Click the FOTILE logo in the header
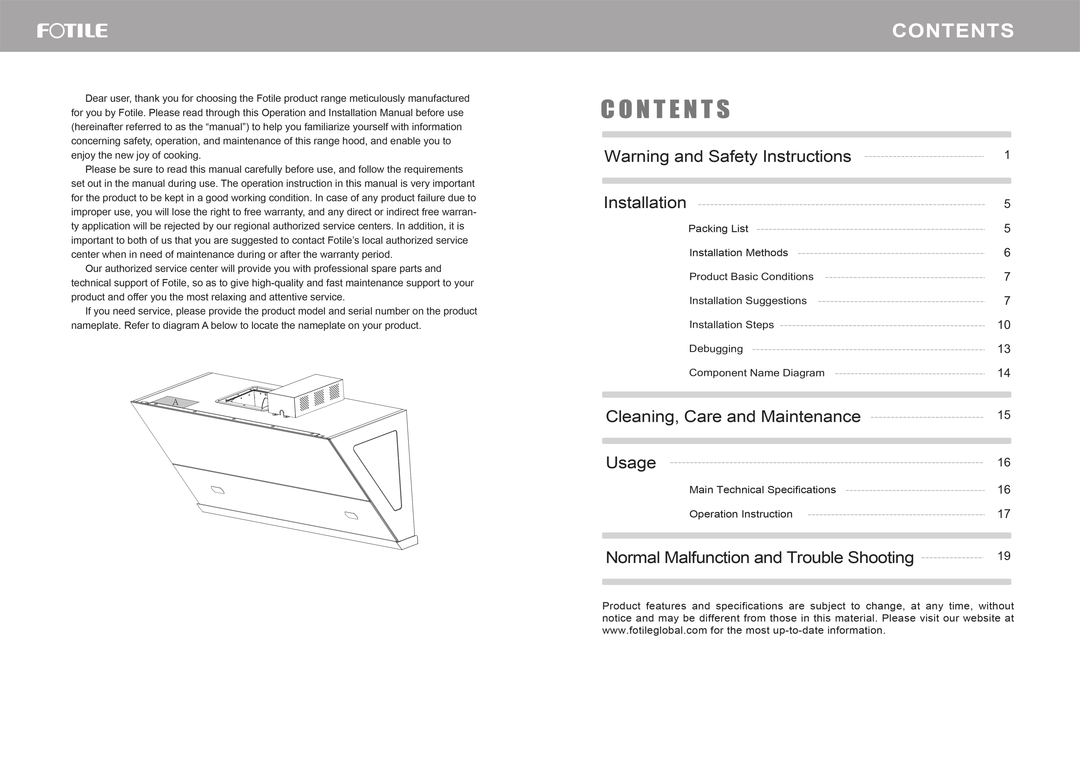pos(72,31)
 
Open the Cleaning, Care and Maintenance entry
pos(733,416)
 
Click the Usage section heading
pos(631,462)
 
